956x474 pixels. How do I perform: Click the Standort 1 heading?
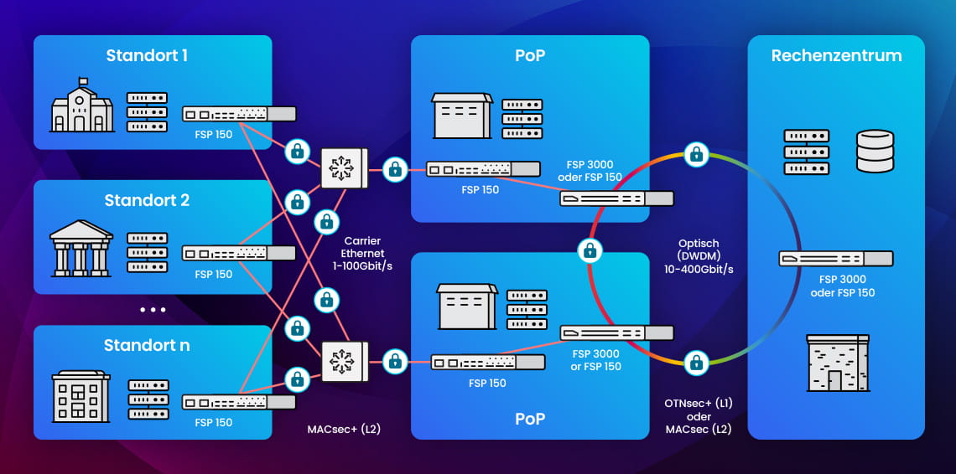click(x=147, y=56)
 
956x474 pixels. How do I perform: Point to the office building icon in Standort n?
click(x=81, y=397)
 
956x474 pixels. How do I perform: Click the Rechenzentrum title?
click(x=836, y=56)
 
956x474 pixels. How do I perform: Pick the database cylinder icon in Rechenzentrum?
click(x=875, y=151)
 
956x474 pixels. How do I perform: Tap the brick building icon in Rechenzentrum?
click(x=836, y=363)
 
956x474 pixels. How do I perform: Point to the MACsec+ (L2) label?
click(x=344, y=430)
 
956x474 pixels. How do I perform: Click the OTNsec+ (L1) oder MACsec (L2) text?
click(x=699, y=417)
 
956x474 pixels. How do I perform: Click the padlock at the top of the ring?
click(x=695, y=153)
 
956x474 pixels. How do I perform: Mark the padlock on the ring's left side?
click(x=590, y=250)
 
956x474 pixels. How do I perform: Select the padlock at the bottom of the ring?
click(x=695, y=363)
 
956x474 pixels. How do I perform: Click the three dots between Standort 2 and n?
click(x=153, y=310)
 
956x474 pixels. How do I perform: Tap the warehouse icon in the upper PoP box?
click(x=461, y=116)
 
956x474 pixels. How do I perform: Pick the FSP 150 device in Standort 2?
click(x=239, y=253)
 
